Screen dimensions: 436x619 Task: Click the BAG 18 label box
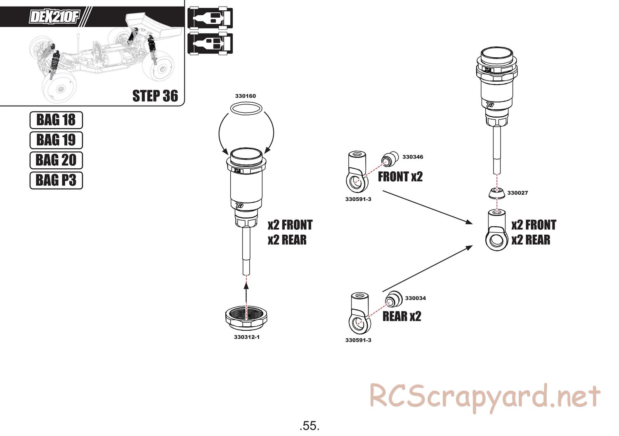56,120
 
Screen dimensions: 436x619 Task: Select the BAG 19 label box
56,140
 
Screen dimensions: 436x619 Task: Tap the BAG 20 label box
56,160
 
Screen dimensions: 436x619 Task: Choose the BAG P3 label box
56,180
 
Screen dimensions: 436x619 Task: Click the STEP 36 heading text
155,96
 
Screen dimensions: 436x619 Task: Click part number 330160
246,96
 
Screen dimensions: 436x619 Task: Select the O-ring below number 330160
246,108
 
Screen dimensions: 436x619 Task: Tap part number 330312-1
247,337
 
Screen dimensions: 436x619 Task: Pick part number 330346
413,157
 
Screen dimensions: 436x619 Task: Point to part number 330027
517,193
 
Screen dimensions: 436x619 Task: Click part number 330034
416,298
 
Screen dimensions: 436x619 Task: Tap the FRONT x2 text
400,177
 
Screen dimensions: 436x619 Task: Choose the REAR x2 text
402,317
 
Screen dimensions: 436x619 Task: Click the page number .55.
309,425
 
